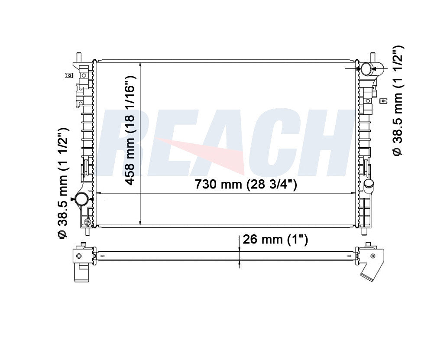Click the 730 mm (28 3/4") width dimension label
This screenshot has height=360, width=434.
pyautogui.click(x=246, y=184)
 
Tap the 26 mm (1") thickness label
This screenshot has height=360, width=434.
pyautogui.click(x=275, y=240)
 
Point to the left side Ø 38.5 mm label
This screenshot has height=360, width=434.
pyautogui.click(x=63, y=183)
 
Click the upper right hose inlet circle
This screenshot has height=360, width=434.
pyautogui.click(x=366, y=69)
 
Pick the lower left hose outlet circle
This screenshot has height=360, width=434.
pyautogui.click(x=82, y=199)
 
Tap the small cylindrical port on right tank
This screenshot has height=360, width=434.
pyautogui.click(x=369, y=185)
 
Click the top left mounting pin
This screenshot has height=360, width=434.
pyautogui.click(x=78, y=56)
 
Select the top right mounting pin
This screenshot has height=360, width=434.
pyautogui.click(x=372, y=56)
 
